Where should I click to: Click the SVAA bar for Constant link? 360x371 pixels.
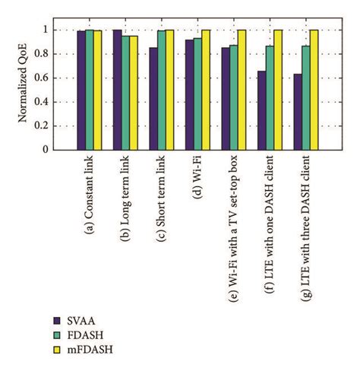[x=80, y=90]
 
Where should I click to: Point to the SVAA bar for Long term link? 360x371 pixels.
[x=117, y=90]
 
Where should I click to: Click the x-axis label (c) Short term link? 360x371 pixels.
[x=163, y=199]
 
